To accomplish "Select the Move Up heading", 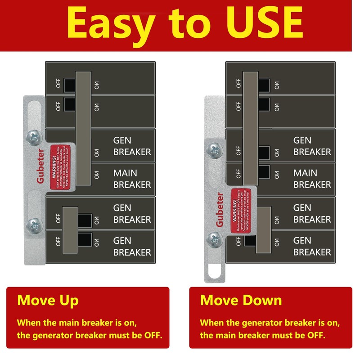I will (x=48, y=301).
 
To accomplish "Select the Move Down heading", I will (x=241, y=301).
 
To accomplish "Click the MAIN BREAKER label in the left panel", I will (x=132, y=179).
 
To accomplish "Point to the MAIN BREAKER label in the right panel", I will (x=312, y=179).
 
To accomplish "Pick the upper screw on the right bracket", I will (x=214, y=148).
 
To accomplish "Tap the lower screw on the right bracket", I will (x=214, y=237).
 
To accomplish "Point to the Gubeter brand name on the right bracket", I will (x=220, y=210).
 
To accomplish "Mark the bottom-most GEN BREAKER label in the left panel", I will (x=132, y=246).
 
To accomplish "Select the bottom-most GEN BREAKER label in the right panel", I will (x=312, y=246).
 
